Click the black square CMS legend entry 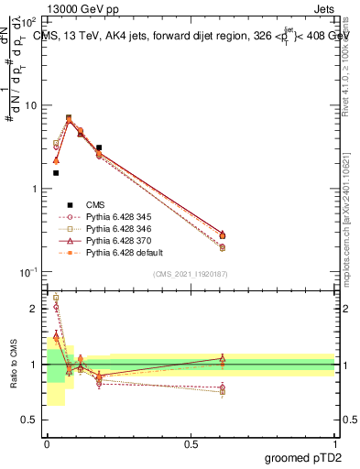(x=68, y=204)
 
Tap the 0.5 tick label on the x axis (x=190, y=443)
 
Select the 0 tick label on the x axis (x=46, y=443)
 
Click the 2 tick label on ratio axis (x=33, y=309)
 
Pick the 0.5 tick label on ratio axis (x=29, y=420)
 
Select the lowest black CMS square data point (x=56, y=172)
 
